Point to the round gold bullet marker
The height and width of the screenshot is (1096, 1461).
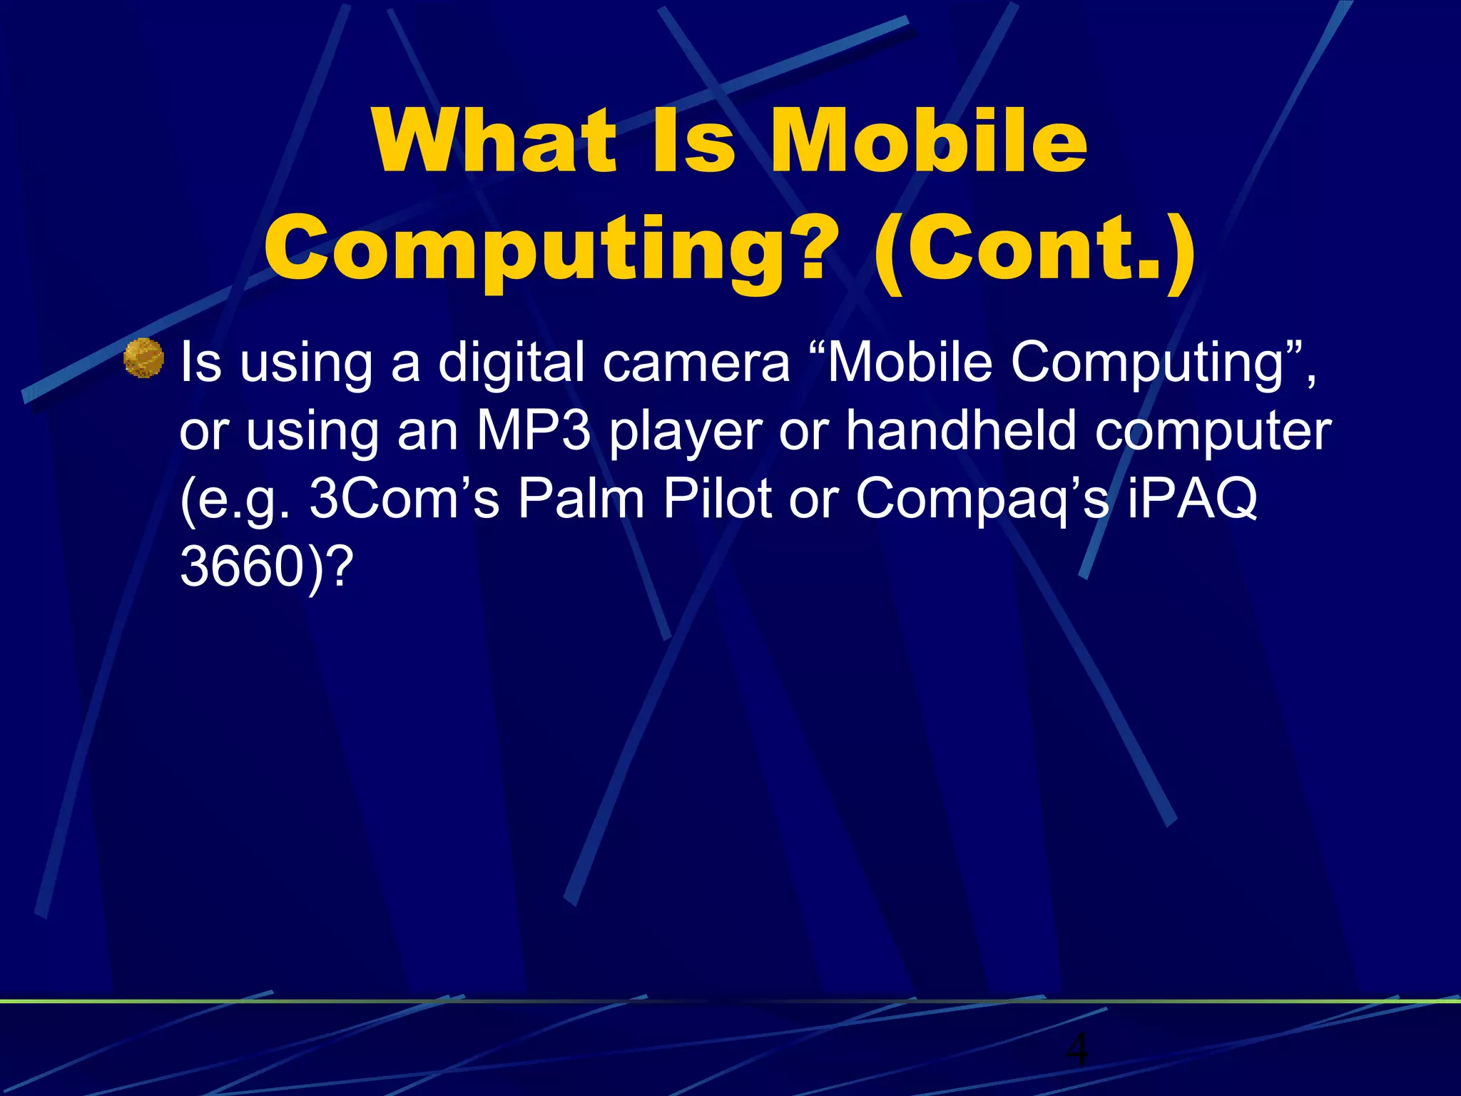click(143, 357)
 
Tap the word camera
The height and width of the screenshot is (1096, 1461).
click(696, 362)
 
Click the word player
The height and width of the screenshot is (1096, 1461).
click(686, 432)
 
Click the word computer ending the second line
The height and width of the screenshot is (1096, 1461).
click(1213, 432)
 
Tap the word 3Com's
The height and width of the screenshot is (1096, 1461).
click(404, 499)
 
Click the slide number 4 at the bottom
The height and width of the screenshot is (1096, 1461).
click(1077, 1050)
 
